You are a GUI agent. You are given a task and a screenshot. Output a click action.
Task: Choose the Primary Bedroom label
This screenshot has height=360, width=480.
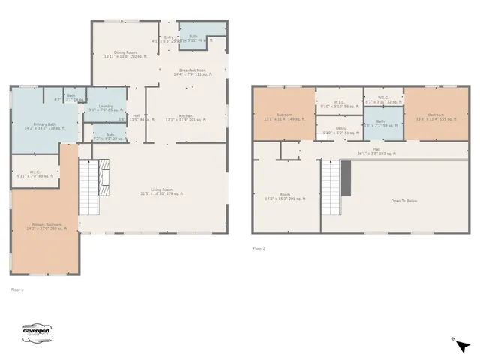(46, 226)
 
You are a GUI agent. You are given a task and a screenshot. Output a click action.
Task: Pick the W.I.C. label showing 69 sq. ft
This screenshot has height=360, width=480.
(34, 173)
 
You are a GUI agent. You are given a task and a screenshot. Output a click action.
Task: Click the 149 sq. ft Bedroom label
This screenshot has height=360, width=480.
(284, 117)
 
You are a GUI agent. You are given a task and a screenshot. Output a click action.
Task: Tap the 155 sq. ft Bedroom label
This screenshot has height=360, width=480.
(435, 117)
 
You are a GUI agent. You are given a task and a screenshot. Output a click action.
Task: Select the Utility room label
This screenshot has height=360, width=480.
(340, 130)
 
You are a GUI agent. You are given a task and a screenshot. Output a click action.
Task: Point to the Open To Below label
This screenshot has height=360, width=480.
(405, 201)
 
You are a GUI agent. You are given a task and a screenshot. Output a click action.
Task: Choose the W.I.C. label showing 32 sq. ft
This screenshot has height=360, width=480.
(382, 99)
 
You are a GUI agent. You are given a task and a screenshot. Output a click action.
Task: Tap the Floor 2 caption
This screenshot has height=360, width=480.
(259, 248)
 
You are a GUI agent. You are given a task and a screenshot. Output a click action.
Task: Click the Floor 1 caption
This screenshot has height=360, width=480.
(16, 289)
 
